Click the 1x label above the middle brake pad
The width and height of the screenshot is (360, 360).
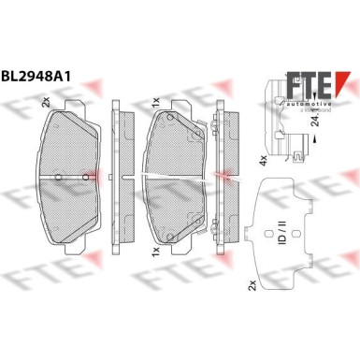153,99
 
